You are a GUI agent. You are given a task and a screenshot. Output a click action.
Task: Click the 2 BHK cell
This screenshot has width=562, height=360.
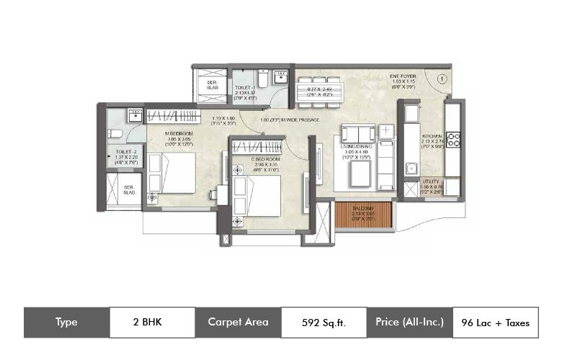[x=152, y=323]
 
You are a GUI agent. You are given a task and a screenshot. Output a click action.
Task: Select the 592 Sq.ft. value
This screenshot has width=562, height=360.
[x=324, y=323]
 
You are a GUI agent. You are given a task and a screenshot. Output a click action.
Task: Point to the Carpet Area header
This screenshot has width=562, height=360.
[x=238, y=323]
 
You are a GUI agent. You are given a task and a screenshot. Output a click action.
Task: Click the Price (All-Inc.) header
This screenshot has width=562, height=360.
[x=409, y=323]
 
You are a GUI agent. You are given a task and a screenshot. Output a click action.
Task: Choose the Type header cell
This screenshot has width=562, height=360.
[x=66, y=323]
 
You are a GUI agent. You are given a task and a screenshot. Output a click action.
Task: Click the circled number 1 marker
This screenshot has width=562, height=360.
[x=441, y=78]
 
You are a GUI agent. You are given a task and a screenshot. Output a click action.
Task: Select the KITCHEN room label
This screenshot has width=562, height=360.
[x=432, y=135]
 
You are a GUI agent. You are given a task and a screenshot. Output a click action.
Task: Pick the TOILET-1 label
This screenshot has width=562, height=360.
[x=245, y=87]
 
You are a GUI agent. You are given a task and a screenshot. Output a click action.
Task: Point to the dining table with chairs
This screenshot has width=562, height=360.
[x=323, y=92]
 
